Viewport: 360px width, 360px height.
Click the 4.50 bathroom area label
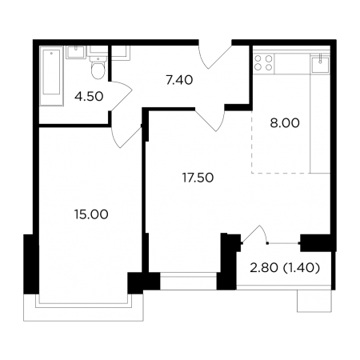pyautogui.click(x=89, y=97)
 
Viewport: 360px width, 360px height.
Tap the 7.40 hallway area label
pyautogui.click(x=179, y=80)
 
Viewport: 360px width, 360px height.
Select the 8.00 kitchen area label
pyautogui.click(x=285, y=123)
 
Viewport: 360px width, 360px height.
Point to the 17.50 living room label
pyautogui.click(x=198, y=178)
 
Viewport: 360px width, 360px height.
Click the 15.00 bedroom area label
pyautogui.click(x=91, y=214)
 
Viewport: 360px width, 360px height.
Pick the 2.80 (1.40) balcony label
pyautogui.click(x=285, y=268)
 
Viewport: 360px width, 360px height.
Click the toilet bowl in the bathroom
pyautogui.click(x=98, y=68)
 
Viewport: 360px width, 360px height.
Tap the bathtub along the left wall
pyautogui.click(x=51, y=76)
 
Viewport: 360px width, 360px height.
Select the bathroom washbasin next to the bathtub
pyautogui.click(x=76, y=52)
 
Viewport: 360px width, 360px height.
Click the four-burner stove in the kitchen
pyautogui.click(x=263, y=62)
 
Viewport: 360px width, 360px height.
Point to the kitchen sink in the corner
pyautogui.click(x=320, y=62)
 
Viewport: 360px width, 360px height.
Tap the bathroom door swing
pyautogui.click(x=121, y=96)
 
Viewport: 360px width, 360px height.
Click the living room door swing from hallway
pyautogui.click(x=211, y=120)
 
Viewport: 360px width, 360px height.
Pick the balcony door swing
pyautogui.click(x=254, y=234)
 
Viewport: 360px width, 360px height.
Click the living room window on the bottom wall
pyautogui.click(x=188, y=281)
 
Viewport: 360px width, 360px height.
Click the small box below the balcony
pyautogui.click(x=314, y=301)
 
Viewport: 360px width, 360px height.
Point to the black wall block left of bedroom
pyautogui.click(x=31, y=264)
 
